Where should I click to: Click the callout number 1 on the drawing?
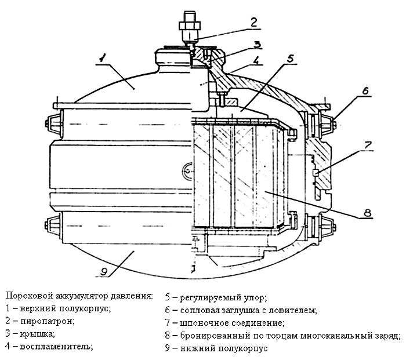pos(101,57)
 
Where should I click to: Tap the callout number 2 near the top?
pos(253,23)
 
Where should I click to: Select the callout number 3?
pos(256,44)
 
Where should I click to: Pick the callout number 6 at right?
pos(365,91)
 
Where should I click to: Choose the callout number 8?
pos(366,213)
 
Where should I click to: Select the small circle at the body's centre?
pos(188,171)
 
